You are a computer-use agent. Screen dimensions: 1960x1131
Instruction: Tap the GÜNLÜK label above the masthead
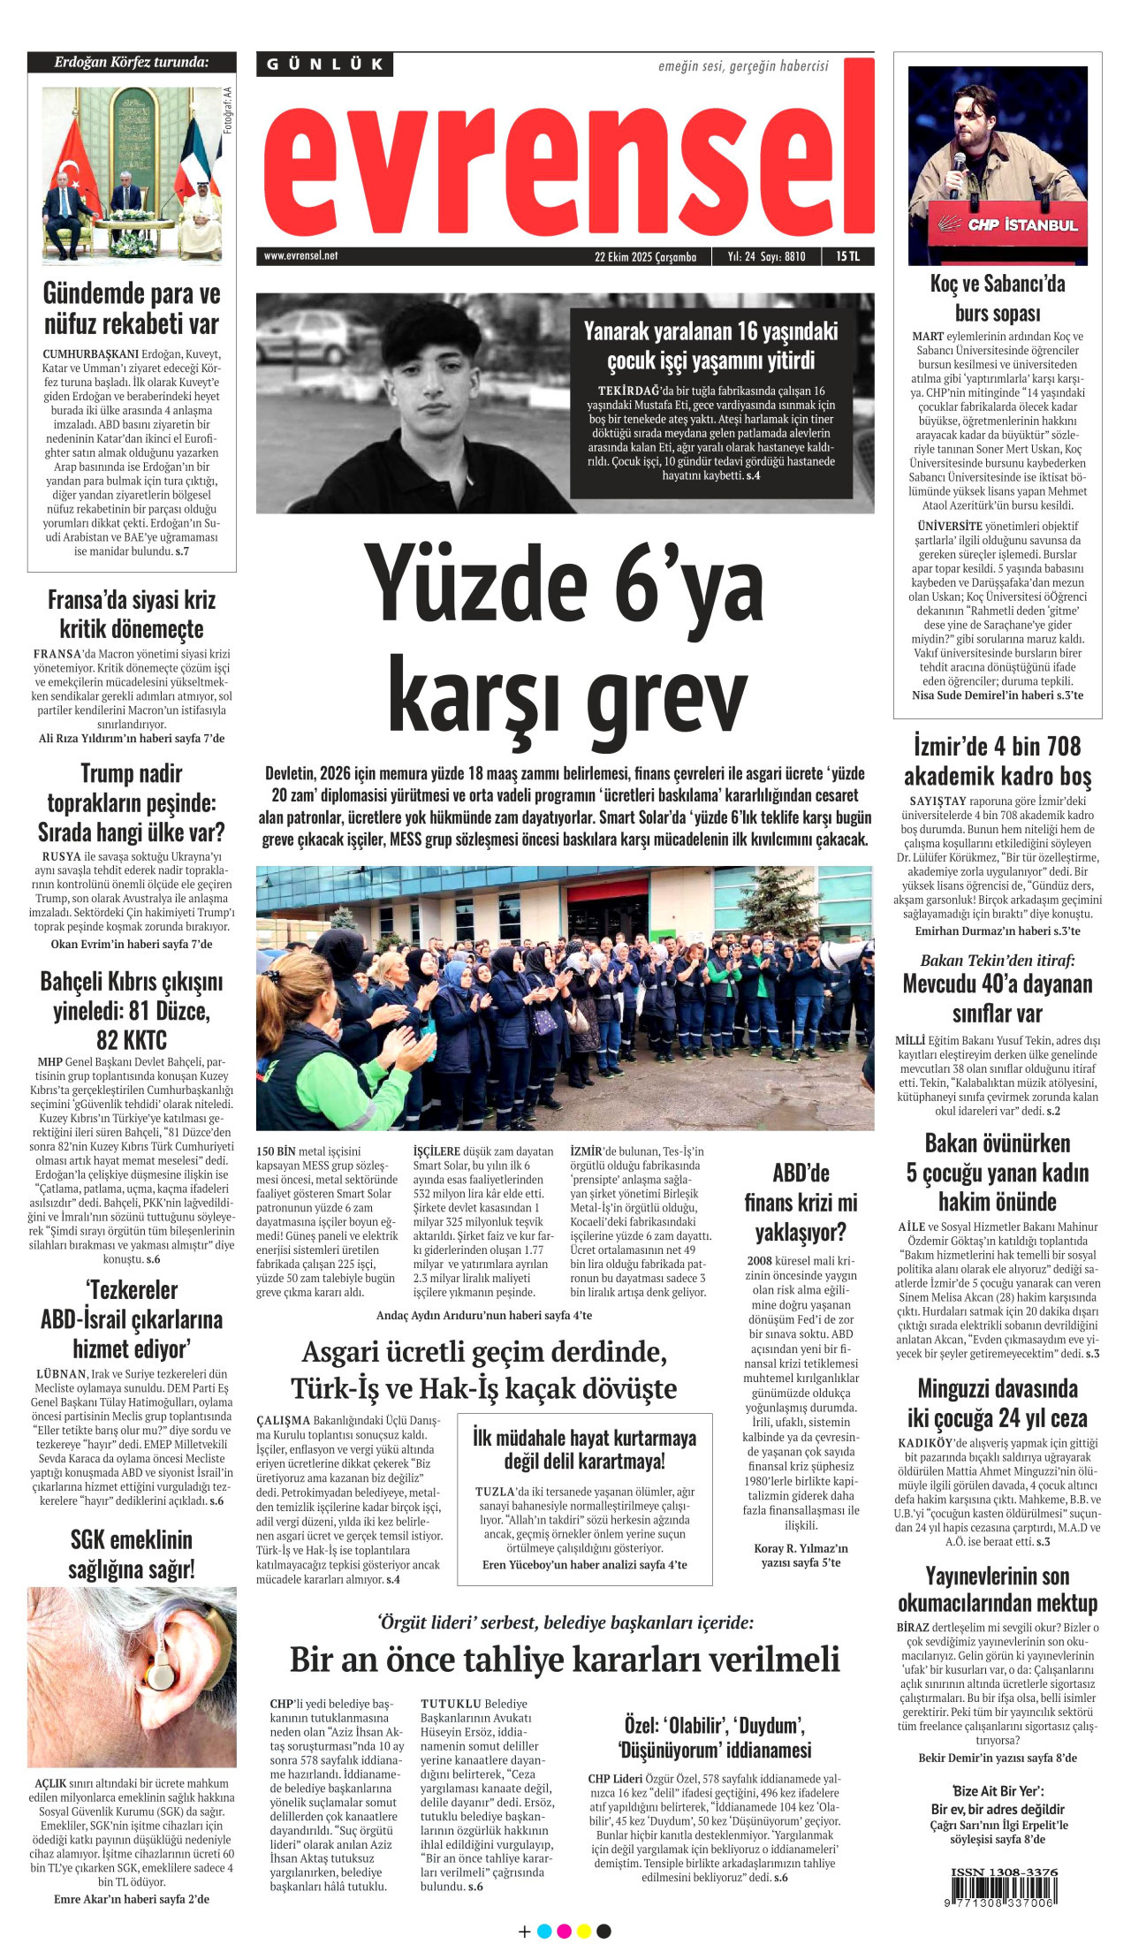click(x=325, y=65)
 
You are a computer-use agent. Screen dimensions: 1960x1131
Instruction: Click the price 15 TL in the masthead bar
click(x=847, y=256)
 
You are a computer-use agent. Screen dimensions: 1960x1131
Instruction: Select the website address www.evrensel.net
click(x=300, y=256)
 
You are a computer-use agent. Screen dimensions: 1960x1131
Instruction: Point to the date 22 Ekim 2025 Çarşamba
click(x=645, y=257)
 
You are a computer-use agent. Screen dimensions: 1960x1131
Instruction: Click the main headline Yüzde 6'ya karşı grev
click(x=565, y=636)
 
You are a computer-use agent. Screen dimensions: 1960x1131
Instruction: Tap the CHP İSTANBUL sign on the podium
click(x=1007, y=224)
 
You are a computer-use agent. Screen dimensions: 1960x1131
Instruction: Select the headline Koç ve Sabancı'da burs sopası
click(x=998, y=298)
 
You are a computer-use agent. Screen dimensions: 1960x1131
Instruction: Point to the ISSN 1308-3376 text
click(x=1004, y=1872)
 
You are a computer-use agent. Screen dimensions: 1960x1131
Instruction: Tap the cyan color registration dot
click(x=544, y=1931)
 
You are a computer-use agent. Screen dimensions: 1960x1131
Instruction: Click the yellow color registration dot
click(x=583, y=1931)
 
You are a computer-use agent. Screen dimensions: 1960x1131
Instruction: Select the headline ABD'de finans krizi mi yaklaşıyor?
click(x=801, y=1203)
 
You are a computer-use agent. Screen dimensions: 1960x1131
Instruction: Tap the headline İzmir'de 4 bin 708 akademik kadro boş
click(x=998, y=761)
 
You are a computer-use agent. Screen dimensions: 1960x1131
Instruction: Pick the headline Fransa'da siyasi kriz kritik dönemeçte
click(x=132, y=614)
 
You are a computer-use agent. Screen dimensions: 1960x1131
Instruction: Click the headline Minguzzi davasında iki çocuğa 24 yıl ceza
click(x=998, y=1403)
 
